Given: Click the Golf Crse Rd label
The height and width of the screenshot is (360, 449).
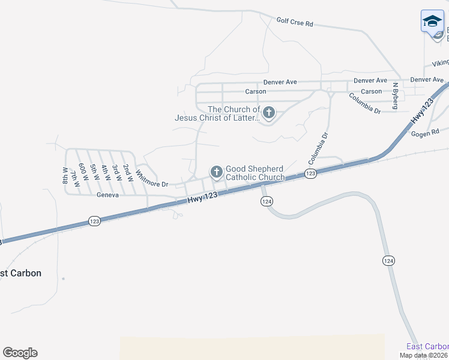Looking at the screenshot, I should tap(295, 22).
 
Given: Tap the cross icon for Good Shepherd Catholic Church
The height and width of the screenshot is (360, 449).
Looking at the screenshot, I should tap(216, 173).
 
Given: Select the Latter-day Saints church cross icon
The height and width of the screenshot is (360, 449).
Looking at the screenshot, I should tap(269, 112).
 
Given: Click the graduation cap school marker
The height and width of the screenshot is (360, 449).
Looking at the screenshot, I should tap(432, 22).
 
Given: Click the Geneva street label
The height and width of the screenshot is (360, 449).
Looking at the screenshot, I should tap(107, 195).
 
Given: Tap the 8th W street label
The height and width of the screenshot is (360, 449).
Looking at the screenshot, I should tap(65, 176).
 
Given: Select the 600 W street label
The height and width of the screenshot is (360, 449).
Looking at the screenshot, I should tap(83, 173).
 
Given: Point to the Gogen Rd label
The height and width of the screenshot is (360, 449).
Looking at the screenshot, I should tap(425, 131).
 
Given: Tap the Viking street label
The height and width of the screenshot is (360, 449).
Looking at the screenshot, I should tap(440, 63).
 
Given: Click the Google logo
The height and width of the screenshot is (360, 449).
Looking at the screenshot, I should tap(20, 353).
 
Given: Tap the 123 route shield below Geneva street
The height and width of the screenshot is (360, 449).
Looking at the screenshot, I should tap(94, 221).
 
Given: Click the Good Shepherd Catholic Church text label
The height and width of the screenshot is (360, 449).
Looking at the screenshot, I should tap(255, 173).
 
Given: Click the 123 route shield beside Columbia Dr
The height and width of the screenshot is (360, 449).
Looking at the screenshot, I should tap(310, 173).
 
